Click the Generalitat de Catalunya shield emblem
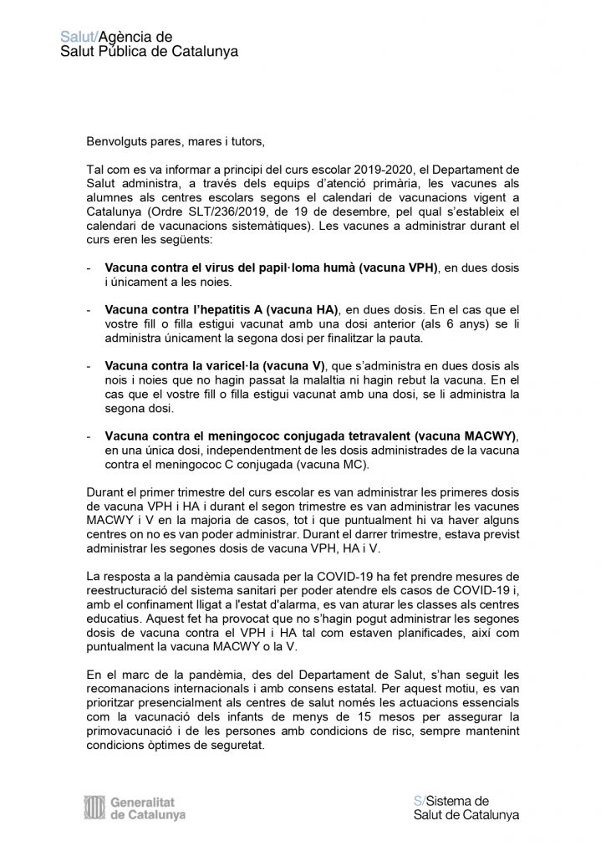pyautogui.click(x=94, y=807)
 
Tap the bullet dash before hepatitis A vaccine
pyautogui.click(x=89, y=310)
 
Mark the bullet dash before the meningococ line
pyautogui.click(x=89, y=436)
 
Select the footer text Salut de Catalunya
pyautogui.click(x=466, y=815)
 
